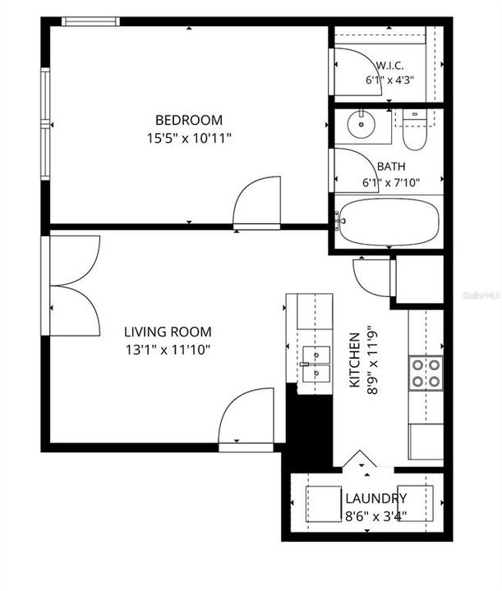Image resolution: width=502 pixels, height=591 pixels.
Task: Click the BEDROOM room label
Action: tap(189, 120)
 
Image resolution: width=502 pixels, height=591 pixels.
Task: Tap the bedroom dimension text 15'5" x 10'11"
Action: tap(189, 139)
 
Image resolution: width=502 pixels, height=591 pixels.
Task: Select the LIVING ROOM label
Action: tap(168, 332)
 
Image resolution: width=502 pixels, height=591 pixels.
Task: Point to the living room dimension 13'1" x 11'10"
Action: tap(168, 350)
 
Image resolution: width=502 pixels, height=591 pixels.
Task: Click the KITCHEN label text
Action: tap(355, 360)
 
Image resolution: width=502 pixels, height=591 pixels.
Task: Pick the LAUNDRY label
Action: tap(376, 499)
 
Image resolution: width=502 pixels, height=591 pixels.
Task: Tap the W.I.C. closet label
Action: tap(389, 66)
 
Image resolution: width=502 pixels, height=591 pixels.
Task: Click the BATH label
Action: tap(391, 166)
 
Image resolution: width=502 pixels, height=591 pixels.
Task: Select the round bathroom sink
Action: tap(362, 124)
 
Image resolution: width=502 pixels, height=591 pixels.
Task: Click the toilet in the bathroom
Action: tap(415, 130)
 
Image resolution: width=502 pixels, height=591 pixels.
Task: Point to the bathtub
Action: tap(389, 222)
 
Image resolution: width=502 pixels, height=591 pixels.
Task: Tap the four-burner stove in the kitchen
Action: tap(426, 373)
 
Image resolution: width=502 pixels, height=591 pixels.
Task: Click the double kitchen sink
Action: tap(316, 364)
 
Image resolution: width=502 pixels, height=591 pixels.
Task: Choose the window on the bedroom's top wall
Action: tap(90, 21)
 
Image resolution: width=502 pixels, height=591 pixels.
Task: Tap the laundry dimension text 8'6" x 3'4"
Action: tap(376, 516)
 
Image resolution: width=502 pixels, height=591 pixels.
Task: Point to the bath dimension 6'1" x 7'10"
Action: tap(391, 183)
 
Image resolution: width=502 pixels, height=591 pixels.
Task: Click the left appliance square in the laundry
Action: tap(324, 504)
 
